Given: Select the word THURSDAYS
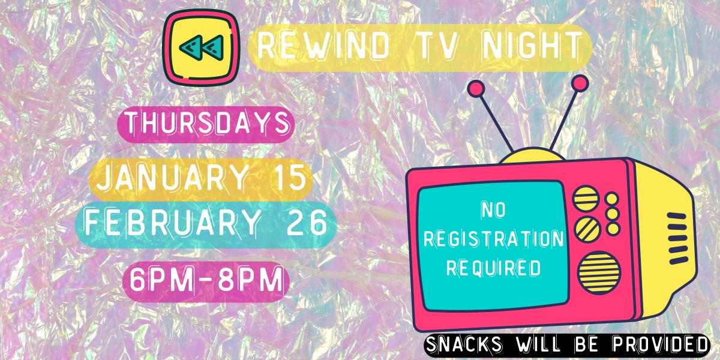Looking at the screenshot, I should (207, 125).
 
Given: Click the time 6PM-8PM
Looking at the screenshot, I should (204, 280).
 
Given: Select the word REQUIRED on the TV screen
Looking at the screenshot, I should (494, 266).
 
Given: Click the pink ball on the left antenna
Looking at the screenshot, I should (476, 88).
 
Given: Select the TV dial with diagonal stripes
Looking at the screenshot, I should (586, 227).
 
